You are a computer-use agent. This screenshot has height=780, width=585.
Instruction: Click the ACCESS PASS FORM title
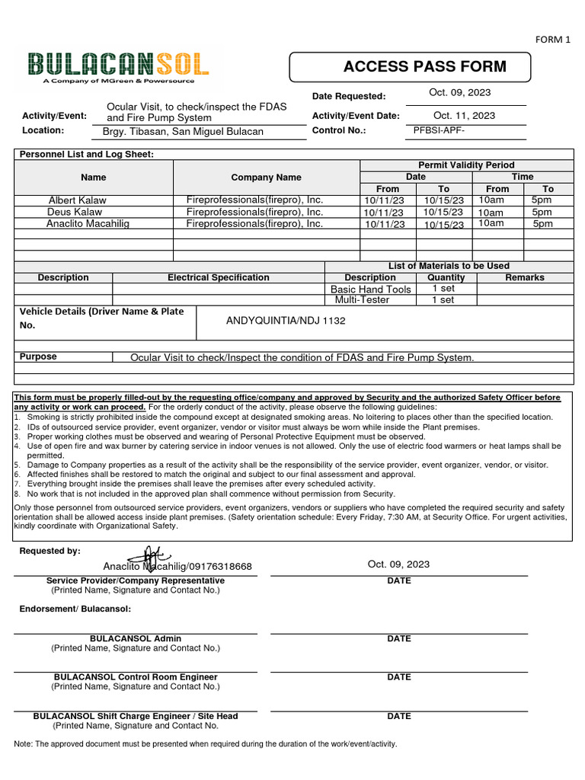click(x=424, y=66)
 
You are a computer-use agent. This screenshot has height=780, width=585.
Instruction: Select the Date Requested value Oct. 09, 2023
click(x=460, y=92)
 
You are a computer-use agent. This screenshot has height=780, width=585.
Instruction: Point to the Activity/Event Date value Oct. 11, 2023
click(x=464, y=116)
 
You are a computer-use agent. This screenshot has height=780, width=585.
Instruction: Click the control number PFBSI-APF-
click(x=438, y=130)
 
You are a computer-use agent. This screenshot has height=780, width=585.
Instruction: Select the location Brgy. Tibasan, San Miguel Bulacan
click(x=183, y=132)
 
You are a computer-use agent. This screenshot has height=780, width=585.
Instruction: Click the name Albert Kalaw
click(x=77, y=200)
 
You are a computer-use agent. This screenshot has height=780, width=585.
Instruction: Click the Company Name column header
click(x=266, y=177)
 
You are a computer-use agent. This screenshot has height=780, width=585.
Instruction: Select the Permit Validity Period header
click(x=466, y=165)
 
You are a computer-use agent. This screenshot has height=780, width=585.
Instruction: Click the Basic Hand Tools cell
click(x=370, y=289)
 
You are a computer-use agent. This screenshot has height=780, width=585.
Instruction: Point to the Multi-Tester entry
click(x=362, y=300)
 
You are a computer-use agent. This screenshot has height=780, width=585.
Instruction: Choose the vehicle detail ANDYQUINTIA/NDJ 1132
click(x=286, y=321)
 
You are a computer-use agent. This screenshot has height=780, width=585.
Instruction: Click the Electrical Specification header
click(x=218, y=278)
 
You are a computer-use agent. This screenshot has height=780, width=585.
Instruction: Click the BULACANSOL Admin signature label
click(x=136, y=639)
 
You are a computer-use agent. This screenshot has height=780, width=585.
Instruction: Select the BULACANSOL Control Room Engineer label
click(x=136, y=677)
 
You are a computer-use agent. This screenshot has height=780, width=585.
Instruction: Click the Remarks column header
click(x=524, y=278)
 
